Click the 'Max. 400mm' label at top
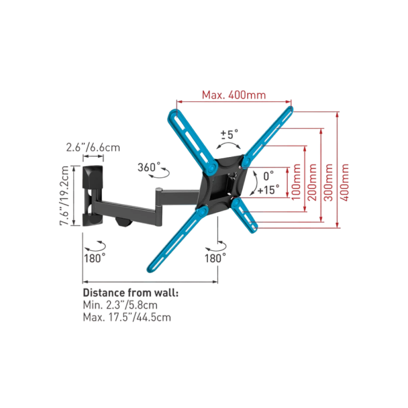tap(234, 95)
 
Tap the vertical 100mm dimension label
tap(296, 182)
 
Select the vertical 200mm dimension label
tap(312, 182)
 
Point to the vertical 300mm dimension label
tap(328, 183)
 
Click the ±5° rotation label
tap(229, 135)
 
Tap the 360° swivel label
tap(149, 167)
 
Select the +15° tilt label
tap(268, 190)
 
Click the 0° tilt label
tap(269, 176)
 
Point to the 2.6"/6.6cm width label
tap(93, 147)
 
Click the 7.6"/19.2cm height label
tap(64, 195)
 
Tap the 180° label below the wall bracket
tap(95, 259)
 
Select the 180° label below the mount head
tap(215, 259)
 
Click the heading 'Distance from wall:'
tap(131, 293)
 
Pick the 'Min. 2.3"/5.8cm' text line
tap(120, 305)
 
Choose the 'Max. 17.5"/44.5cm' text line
tap(127, 317)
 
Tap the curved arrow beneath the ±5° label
tap(228, 145)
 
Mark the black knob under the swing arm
tap(124, 222)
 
